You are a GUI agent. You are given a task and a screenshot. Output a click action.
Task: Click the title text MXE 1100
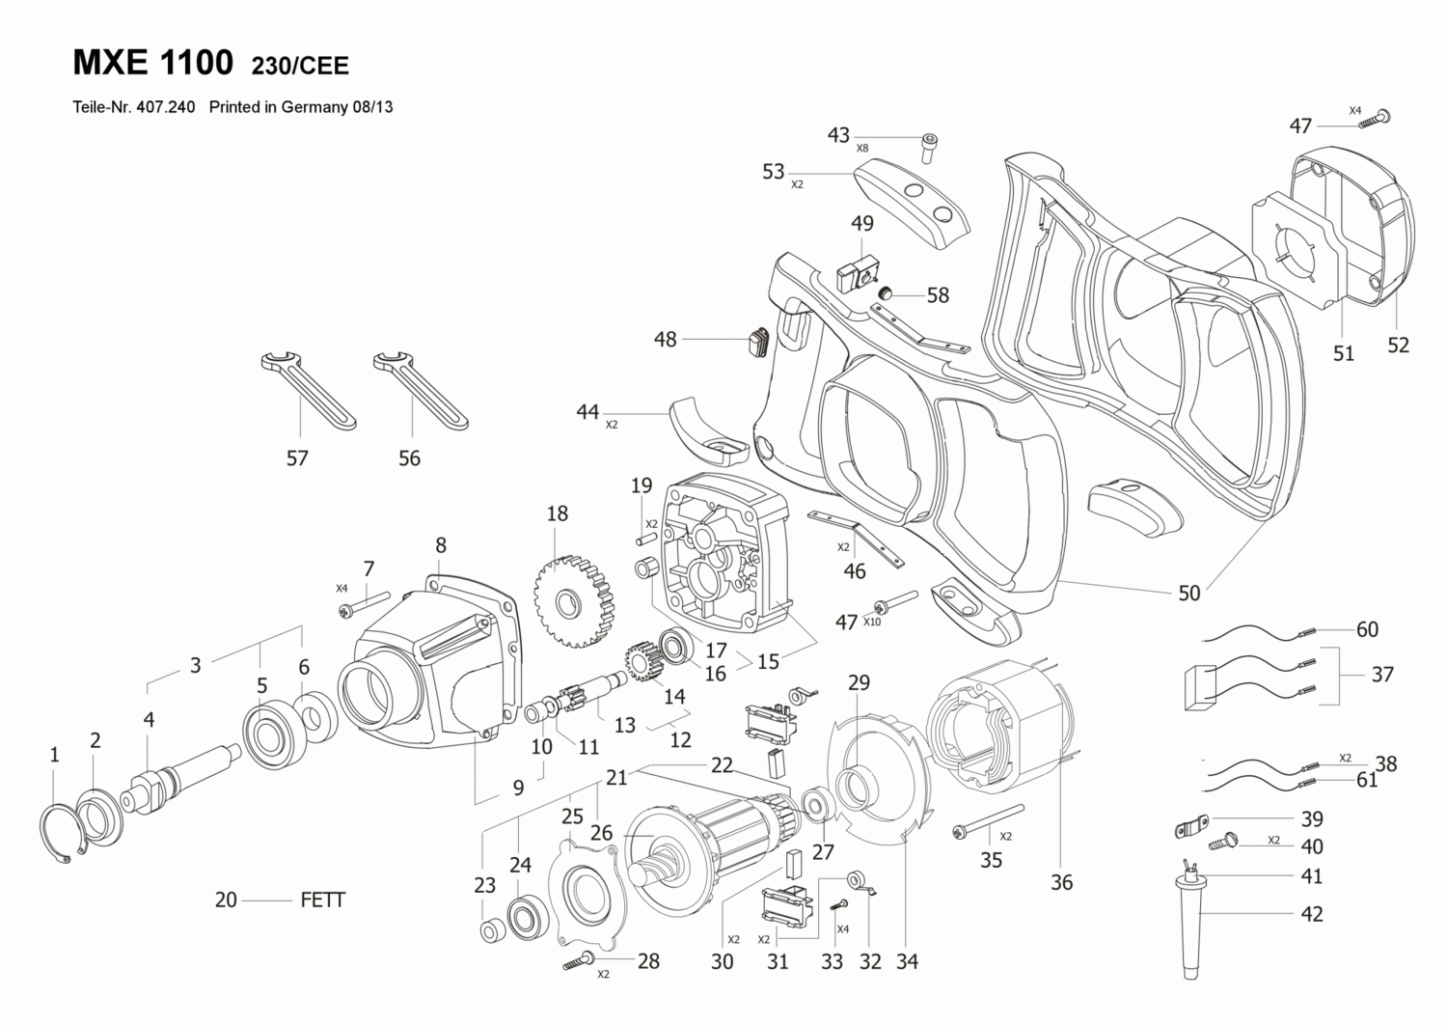point(152,63)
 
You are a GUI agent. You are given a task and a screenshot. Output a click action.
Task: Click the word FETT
point(323,900)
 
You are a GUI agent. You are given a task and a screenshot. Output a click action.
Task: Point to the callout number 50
point(1189,594)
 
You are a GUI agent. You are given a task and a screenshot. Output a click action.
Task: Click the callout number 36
point(1062,882)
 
